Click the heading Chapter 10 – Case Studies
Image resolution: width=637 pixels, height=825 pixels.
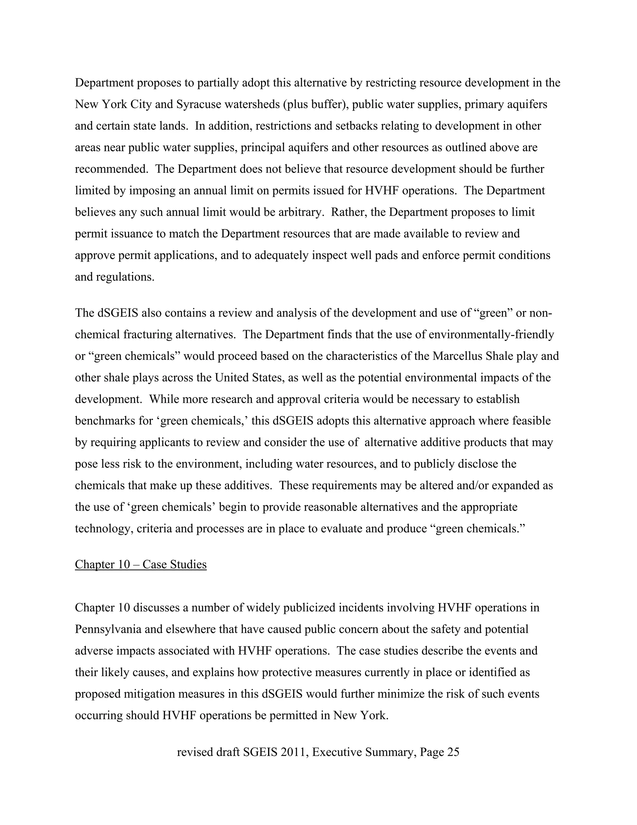pyautogui.click(x=141, y=564)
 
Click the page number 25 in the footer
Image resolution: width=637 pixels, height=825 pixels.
pyautogui.click(x=453, y=752)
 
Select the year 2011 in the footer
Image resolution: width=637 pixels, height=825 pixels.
pyautogui.click(x=293, y=752)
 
